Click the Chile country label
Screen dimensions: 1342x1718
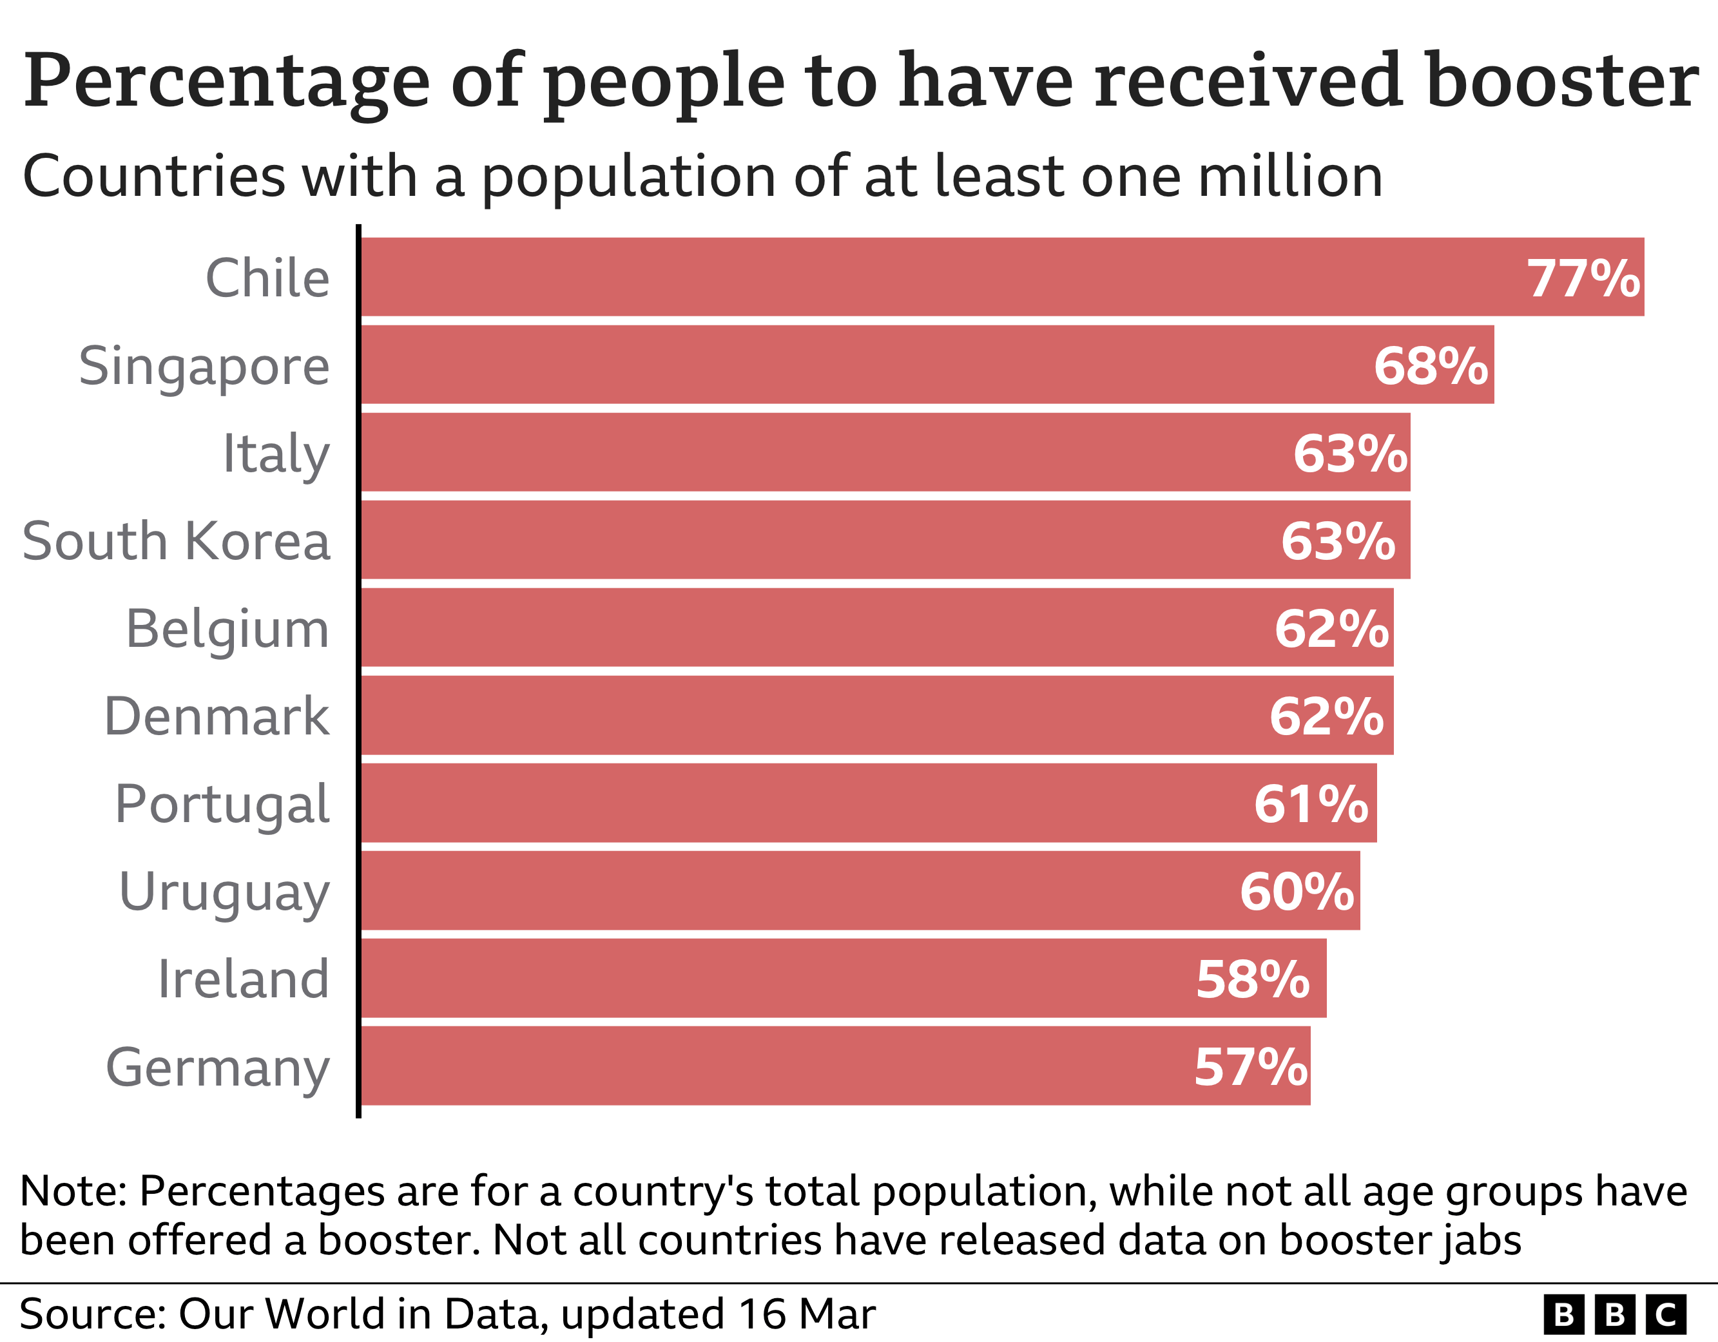(267, 278)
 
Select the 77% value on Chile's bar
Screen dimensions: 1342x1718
(1583, 278)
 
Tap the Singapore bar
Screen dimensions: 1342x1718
(865, 365)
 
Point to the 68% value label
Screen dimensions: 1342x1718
(1430, 367)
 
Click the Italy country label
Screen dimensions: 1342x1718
(276, 455)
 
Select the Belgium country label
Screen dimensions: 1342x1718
(227, 629)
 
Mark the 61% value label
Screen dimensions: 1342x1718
(1311, 805)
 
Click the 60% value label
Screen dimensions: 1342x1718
(1297, 892)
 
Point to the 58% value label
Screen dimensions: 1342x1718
(1252, 980)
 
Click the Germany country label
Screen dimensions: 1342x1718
(218, 1068)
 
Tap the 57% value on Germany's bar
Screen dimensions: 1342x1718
(1251, 1068)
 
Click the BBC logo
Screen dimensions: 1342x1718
(1615, 1314)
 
